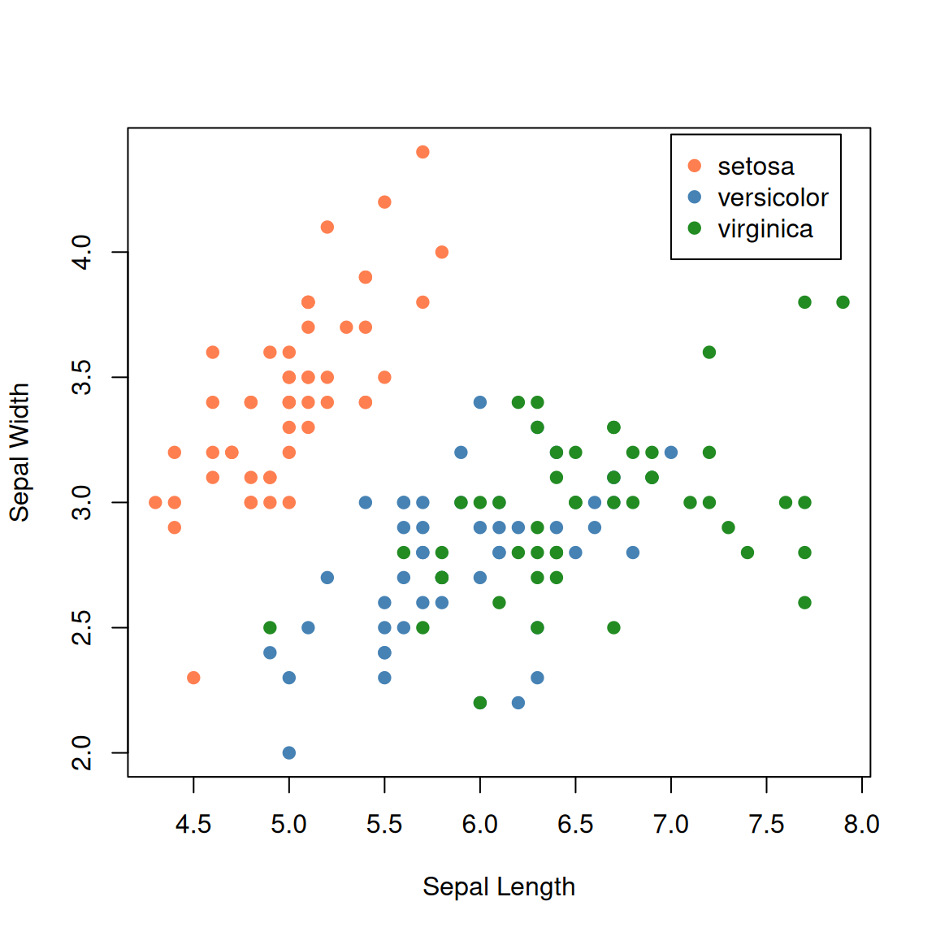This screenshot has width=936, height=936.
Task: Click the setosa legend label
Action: pyautogui.click(x=756, y=167)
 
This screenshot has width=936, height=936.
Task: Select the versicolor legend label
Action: pyautogui.click(x=773, y=197)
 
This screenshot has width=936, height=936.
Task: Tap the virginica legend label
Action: pyautogui.click(x=765, y=229)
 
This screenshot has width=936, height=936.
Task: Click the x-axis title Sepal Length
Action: pyautogui.click(x=499, y=886)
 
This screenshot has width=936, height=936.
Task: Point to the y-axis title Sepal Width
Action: pyautogui.click(x=19, y=452)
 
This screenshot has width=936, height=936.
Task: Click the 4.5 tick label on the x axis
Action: pyautogui.click(x=193, y=825)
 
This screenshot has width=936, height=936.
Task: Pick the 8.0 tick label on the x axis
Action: pyautogui.click(x=861, y=825)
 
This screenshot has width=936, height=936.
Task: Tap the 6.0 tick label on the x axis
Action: pyautogui.click(x=480, y=825)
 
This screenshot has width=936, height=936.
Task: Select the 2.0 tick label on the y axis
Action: pyautogui.click(x=82, y=752)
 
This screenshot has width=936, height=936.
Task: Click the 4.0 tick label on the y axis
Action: pyautogui.click(x=82, y=252)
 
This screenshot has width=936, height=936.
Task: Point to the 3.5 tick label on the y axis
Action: pyautogui.click(x=82, y=377)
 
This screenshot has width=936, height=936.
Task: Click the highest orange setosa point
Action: pyautogui.click(x=422, y=152)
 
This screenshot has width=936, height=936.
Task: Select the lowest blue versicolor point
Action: pyautogui.click(x=289, y=752)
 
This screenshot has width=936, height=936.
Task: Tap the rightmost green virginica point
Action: pyautogui.click(x=843, y=302)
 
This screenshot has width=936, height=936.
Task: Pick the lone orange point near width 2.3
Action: pyautogui.click(x=193, y=678)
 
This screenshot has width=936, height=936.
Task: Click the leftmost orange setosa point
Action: pyautogui.click(x=155, y=502)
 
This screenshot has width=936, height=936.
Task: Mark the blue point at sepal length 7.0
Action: pyautogui.click(x=671, y=453)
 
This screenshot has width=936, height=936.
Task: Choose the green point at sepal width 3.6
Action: pyautogui.click(x=709, y=352)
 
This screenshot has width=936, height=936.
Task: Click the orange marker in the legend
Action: pyautogui.click(x=694, y=166)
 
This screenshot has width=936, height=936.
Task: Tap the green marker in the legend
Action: pyautogui.click(x=694, y=228)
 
